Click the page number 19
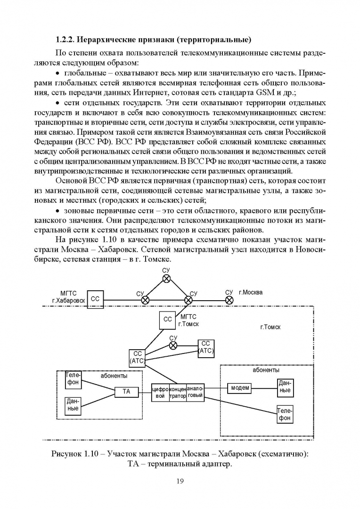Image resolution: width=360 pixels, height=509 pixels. pos(180,481)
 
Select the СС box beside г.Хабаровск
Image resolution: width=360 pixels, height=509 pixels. pos(96,299)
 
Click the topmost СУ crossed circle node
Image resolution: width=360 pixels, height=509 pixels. pos(166,279)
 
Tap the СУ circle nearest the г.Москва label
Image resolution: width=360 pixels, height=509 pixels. pos(229,299)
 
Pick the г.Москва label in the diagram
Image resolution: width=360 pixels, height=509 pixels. pos(251,292)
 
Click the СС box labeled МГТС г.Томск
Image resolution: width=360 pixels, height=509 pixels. pos(168,320)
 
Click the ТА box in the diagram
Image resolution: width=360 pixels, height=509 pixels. pos(126,391)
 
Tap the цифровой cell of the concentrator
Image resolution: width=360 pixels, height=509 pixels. pos(160,393)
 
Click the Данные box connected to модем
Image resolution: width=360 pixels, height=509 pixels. pos(285,388)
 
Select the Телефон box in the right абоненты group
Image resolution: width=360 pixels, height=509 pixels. pos(285,414)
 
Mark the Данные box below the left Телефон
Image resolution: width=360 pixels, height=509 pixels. pos(73,405)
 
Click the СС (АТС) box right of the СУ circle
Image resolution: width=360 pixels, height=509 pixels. pos(206,347)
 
